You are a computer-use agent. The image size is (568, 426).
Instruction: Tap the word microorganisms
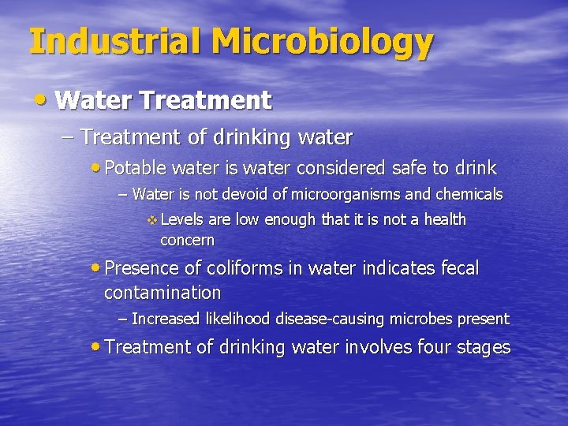click(x=357, y=194)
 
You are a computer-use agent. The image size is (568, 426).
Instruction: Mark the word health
click(x=444, y=219)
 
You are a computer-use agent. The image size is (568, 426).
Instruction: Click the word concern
click(x=187, y=240)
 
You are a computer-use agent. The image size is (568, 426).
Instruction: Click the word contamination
click(x=163, y=293)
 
